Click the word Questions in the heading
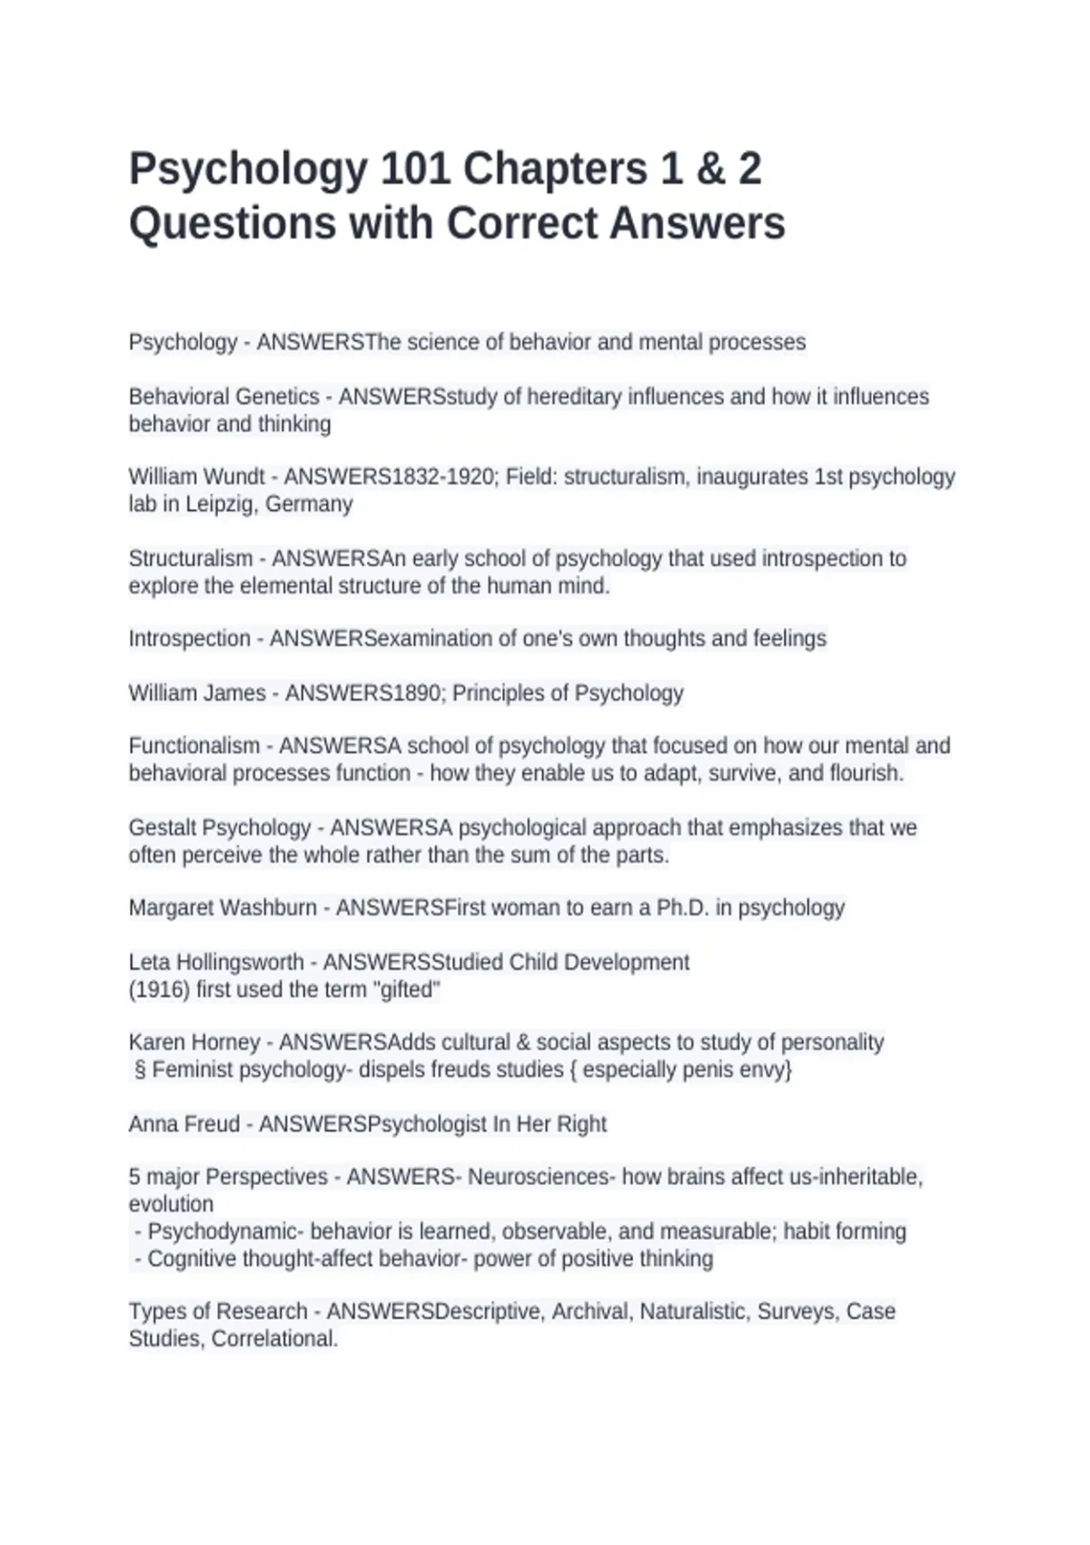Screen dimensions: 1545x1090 [x=232, y=224]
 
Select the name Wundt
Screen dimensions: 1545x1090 [x=234, y=477]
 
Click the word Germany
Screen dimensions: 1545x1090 [x=308, y=504]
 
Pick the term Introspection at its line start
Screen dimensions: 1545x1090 [x=189, y=639]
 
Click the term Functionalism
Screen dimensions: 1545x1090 [x=193, y=746]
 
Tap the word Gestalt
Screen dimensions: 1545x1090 [x=162, y=828]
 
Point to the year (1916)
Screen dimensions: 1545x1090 [x=159, y=990]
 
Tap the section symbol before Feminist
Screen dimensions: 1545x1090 [x=140, y=1070]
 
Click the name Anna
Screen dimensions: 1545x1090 [x=154, y=1124]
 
